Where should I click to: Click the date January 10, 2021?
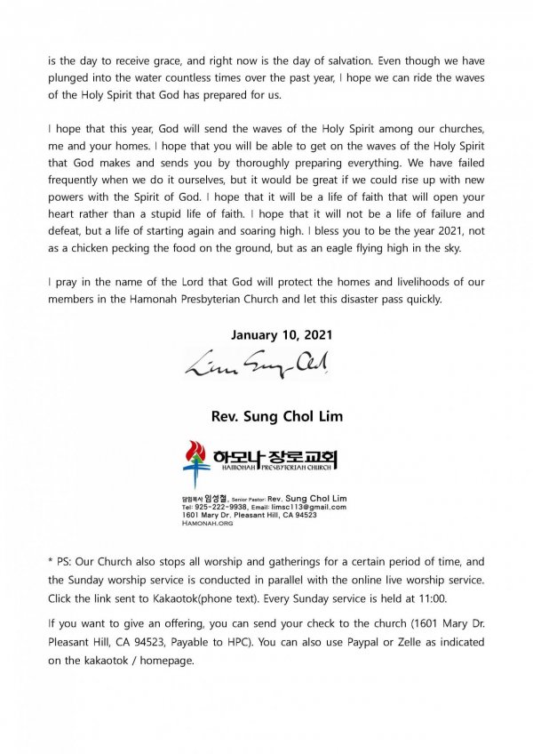click(x=266, y=336)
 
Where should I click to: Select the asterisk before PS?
click(x=51, y=563)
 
